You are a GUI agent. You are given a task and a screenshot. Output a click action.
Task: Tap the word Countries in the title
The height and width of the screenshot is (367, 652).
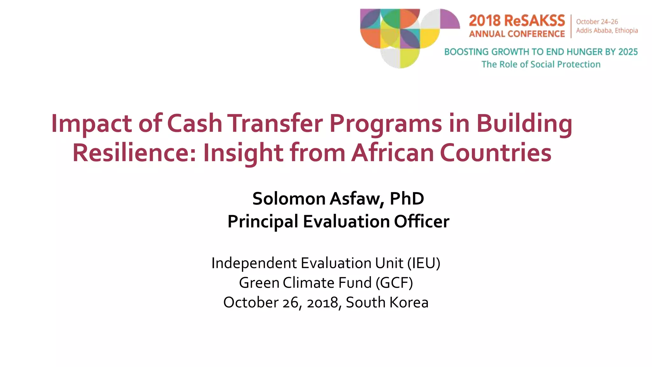495,153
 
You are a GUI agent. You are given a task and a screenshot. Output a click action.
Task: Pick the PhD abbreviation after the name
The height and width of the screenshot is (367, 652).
407,199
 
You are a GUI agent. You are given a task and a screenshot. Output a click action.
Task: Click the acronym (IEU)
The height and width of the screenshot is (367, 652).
424,263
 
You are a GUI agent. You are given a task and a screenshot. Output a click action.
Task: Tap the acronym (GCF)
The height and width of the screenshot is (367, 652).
394,283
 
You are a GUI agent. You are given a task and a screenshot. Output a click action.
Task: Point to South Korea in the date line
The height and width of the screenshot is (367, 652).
387,302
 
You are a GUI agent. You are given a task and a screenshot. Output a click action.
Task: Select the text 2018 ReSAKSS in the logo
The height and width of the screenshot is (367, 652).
517,21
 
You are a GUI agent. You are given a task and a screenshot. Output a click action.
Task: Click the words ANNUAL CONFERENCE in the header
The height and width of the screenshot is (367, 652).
517,34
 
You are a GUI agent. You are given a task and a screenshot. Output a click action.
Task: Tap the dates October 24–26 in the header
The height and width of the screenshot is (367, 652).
597,22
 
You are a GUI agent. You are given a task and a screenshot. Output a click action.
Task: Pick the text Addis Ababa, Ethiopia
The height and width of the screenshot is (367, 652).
607,31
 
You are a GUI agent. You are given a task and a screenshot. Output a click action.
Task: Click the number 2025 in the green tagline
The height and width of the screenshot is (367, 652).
628,52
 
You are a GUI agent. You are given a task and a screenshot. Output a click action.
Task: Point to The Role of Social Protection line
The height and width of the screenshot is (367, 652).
541,64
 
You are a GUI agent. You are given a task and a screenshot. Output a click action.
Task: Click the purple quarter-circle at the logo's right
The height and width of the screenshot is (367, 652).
449,19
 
